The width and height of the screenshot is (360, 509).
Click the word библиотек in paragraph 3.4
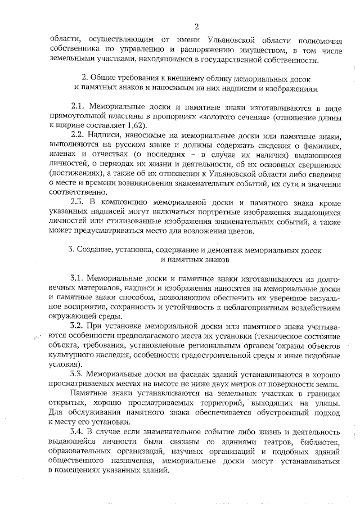(x=318, y=442)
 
